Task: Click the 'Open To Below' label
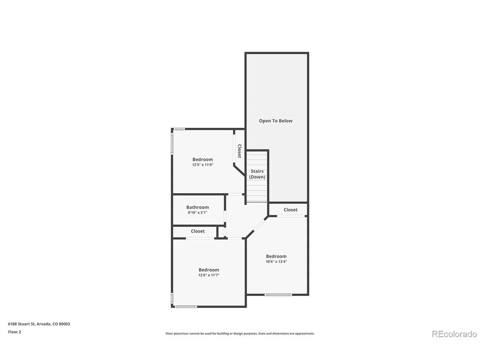tap(276, 121)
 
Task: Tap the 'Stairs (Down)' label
tap(257, 174)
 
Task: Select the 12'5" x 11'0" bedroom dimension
tap(203, 165)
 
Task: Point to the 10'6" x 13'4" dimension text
tap(276, 262)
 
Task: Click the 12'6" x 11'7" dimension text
tap(209, 275)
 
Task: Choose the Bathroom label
tap(198, 207)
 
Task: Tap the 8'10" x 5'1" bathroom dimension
tap(198, 212)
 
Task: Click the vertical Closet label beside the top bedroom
tap(240, 151)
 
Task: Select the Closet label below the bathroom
tap(198, 231)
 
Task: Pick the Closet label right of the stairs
tap(291, 210)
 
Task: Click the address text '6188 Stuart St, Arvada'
tap(29, 324)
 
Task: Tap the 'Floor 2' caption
tap(14, 332)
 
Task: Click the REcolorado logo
tap(454, 334)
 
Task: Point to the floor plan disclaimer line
tap(240, 334)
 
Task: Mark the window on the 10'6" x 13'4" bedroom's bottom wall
tap(278, 295)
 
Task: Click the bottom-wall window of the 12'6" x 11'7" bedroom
tap(186, 306)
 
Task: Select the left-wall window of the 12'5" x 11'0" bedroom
tap(172, 143)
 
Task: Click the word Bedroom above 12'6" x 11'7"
tap(209, 270)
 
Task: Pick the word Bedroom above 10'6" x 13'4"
tap(276, 256)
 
